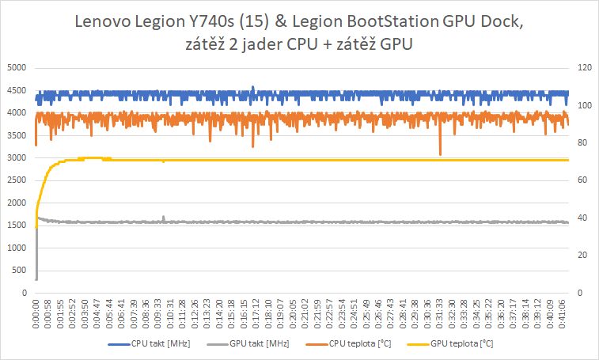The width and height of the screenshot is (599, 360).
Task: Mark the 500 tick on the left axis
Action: coord(19,271)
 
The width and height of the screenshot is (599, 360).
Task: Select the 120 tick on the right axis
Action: coord(584,68)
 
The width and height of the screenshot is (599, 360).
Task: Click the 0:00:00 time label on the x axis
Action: coord(36,312)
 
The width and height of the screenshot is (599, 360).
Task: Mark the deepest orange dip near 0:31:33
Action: coord(440,153)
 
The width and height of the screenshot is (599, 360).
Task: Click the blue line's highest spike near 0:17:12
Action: coord(252,87)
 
